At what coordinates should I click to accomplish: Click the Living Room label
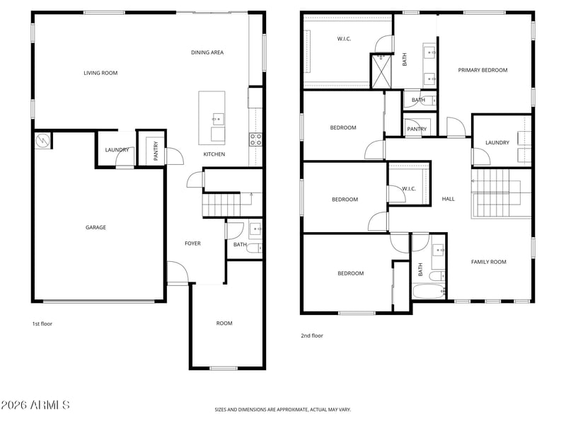pyautogui.click(x=100, y=73)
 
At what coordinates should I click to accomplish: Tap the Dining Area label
pyautogui.click(x=207, y=52)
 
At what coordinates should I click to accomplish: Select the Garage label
pyautogui.click(x=96, y=227)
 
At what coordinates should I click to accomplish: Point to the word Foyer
pyautogui.click(x=192, y=243)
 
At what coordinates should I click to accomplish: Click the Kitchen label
pyautogui.click(x=214, y=154)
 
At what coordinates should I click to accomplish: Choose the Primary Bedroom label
pyautogui.click(x=483, y=70)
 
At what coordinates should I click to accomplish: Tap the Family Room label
pyautogui.click(x=488, y=262)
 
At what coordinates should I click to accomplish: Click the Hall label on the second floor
pyautogui.click(x=449, y=199)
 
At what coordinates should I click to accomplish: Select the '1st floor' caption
pyautogui.click(x=42, y=323)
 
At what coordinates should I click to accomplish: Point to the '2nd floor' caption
pyautogui.click(x=312, y=336)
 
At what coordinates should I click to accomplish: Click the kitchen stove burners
pyautogui.click(x=255, y=139)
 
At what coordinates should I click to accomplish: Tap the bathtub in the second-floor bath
pyautogui.click(x=428, y=292)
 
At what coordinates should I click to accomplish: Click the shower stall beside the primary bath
pyautogui.click(x=381, y=71)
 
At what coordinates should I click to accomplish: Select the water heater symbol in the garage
pyautogui.click(x=42, y=140)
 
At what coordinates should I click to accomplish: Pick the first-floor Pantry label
pyautogui.click(x=156, y=151)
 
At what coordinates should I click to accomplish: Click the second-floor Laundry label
pyautogui.click(x=497, y=143)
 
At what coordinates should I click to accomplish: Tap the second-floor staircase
pyautogui.click(x=501, y=193)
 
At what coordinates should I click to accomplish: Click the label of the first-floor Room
pyautogui.click(x=224, y=323)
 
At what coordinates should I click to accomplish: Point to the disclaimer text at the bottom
pyautogui.click(x=282, y=410)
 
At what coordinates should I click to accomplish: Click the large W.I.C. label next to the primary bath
pyautogui.click(x=344, y=39)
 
